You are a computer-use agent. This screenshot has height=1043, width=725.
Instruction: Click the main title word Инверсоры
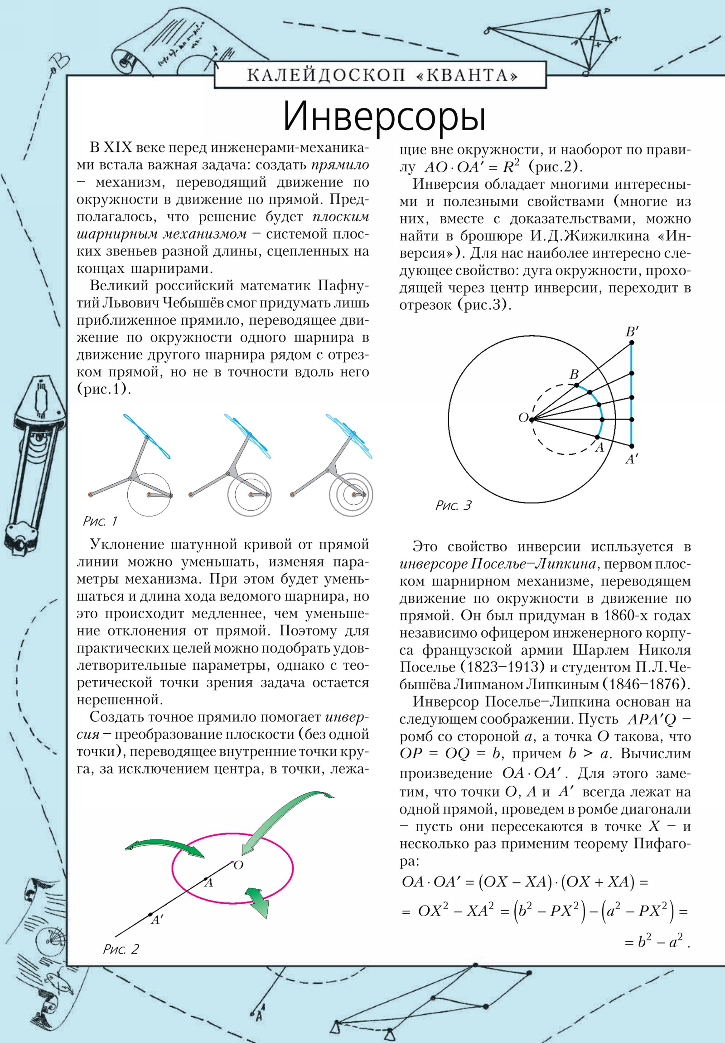click(x=384, y=117)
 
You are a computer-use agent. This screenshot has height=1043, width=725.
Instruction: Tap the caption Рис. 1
click(x=100, y=521)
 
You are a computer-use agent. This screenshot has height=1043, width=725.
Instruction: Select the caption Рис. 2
click(x=121, y=949)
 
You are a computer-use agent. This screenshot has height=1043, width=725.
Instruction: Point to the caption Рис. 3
click(x=453, y=506)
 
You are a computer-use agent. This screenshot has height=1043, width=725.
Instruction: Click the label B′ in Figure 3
click(x=632, y=332)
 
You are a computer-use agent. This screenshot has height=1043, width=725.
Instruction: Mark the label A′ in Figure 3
click(x=632, y=459)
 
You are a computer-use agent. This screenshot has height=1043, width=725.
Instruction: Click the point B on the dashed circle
click(x=576, y=385)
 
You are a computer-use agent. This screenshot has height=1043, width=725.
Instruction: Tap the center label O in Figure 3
click(x=523, y=418)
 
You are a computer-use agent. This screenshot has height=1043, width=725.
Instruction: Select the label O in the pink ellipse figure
click(x=238, y=865)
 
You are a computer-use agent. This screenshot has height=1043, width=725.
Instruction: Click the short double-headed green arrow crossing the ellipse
click(x=257, y=901)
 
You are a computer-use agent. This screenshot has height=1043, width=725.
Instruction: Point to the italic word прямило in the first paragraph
click(x=339, y=165)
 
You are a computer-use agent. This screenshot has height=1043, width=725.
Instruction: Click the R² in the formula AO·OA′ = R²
click(x=510, y=167)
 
